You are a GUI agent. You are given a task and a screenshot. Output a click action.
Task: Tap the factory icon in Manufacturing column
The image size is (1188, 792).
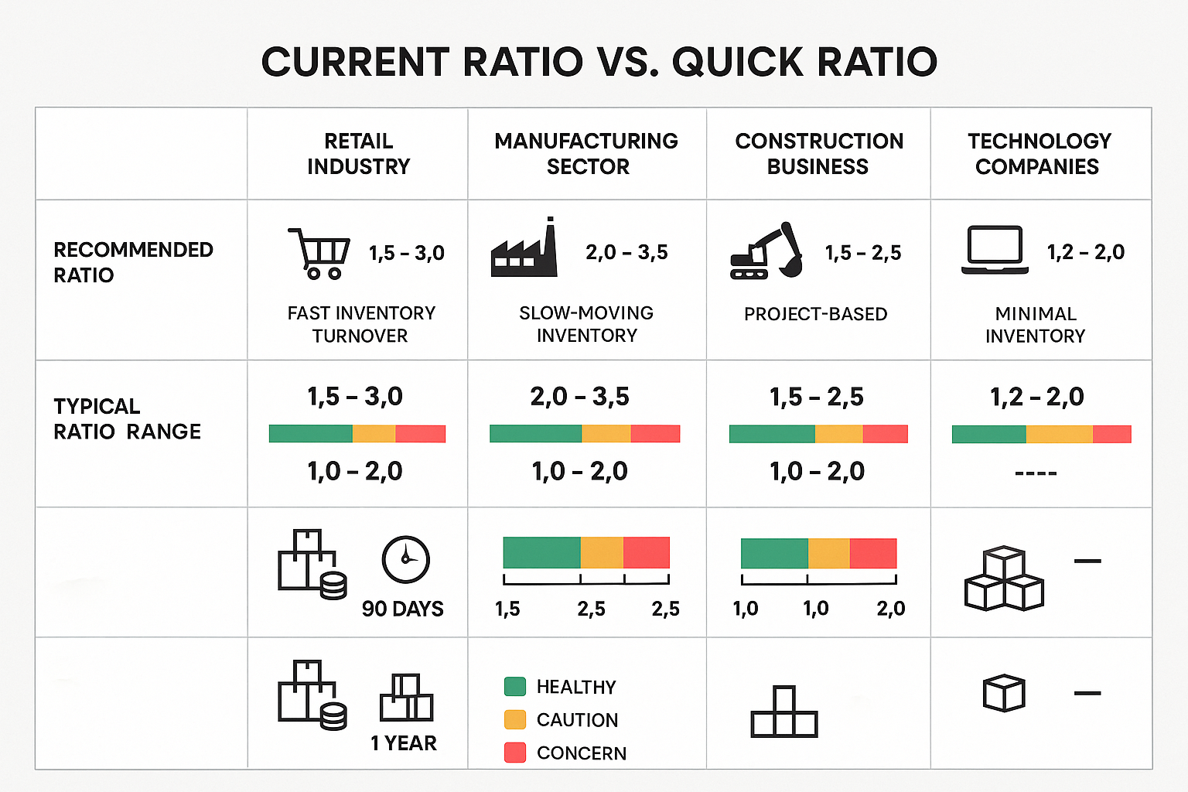(x=524, y=249)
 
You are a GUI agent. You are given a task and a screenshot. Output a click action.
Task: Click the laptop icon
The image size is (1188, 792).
(x=995, y=250)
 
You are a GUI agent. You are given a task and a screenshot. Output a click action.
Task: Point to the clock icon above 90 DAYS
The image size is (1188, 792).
(x=405, y=559)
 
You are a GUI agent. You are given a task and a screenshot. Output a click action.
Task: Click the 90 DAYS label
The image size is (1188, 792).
(x=402, y=609)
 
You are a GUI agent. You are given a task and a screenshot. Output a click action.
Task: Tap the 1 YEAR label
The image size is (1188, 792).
(x=403, y=743)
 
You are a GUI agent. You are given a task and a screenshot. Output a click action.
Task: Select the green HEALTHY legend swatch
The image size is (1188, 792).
(x=514, y=686)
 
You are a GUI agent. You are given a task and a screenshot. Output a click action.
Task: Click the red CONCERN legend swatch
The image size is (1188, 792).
(x=514, y=753)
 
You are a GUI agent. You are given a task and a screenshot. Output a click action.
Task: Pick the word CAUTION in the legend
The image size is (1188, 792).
(x=577, y=720)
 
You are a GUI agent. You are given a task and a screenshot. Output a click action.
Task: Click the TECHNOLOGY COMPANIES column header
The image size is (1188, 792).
(x=1039, y=153)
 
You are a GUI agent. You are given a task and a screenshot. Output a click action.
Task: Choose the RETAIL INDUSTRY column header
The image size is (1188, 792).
(x=358, y=153)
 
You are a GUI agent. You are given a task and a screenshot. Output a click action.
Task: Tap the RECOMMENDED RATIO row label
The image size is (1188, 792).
(x=133, y=262)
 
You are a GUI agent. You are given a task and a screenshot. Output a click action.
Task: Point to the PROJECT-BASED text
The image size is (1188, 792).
(x=815, y=314)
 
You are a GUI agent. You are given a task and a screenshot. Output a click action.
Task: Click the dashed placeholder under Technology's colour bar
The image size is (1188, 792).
(x=1035, y=473)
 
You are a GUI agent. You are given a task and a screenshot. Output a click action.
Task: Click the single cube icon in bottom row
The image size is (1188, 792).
(x=1003, y=693)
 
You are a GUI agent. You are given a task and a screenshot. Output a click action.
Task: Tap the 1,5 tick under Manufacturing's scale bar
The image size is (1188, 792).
(x=507, y=609)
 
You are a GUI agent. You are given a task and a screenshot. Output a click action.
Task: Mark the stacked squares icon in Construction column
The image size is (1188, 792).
(x=783, y=712)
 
